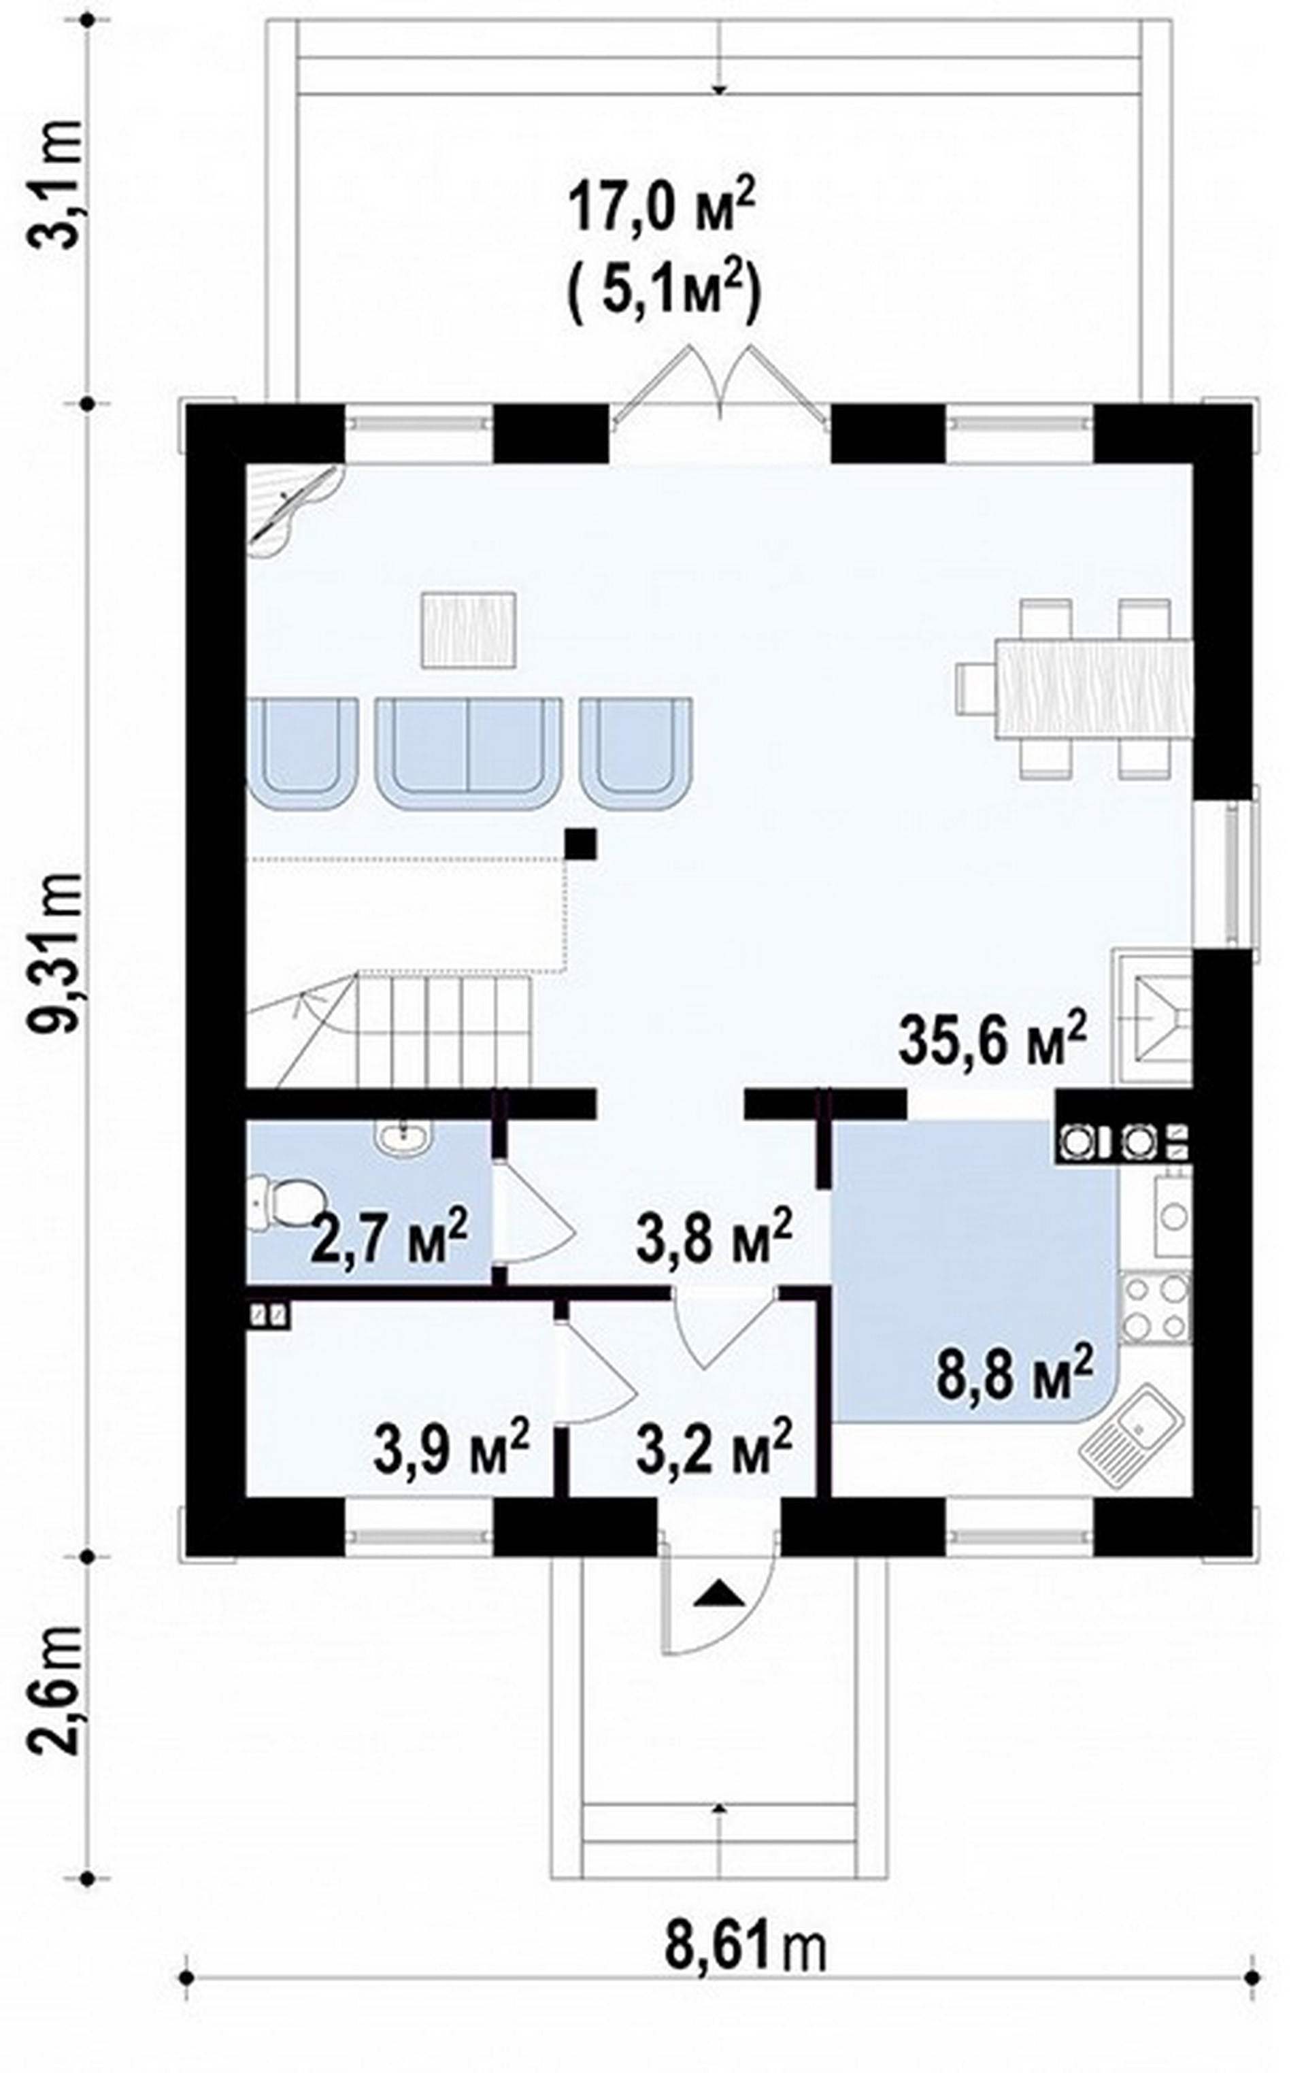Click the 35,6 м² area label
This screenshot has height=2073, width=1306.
pos(991,1042)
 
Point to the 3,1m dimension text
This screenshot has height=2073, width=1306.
pos(57,184)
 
